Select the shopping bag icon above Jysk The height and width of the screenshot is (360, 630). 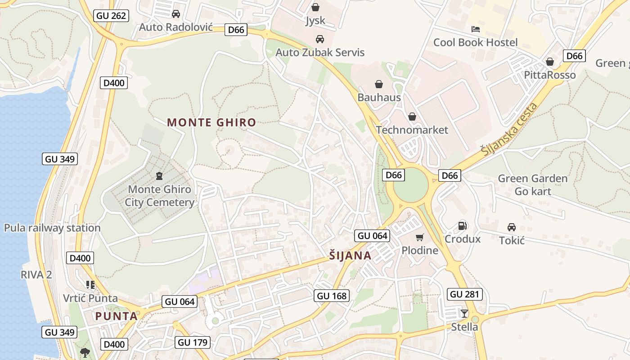(x=315, y=7)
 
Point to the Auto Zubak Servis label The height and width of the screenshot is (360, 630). (x=320, y=52)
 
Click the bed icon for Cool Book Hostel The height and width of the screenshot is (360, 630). (x=476, y=29)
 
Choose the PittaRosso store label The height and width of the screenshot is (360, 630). (x=550, y=75)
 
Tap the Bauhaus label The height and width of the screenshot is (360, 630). (x=379, y=97)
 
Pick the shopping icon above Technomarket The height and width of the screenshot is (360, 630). (x=412, y=117)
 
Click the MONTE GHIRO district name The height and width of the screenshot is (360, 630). (x=211, y=122)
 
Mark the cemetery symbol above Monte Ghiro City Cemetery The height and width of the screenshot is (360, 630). (x=159, y=175)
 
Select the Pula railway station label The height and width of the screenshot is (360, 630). (x=52, y=228)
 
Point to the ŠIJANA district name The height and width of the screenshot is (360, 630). (x=350, y=256)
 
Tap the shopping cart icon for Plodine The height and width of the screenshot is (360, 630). (x=420, y=237)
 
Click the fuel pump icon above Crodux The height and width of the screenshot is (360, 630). (x=462, y=226)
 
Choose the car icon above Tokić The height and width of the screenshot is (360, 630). (x=512, y=227)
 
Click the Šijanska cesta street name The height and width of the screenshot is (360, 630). (x=510, y=130)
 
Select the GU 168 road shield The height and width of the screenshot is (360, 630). (x=332, y=296)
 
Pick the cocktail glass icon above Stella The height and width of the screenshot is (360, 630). (x=464, y=313)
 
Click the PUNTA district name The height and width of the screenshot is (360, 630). (x=116, y=316)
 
